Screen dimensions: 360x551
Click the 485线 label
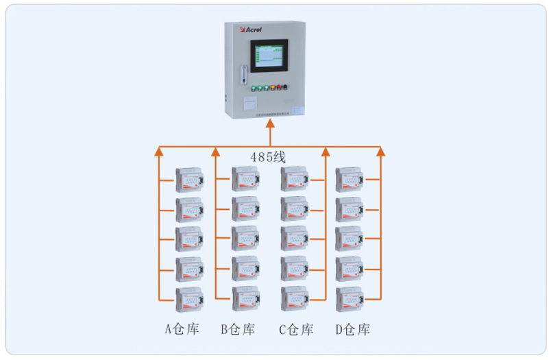[x=268, y=157]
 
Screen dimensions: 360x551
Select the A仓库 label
[x=182, y=330]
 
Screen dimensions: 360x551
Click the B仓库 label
[x=238, y=330]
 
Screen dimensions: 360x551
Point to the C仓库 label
[x=295, y=330]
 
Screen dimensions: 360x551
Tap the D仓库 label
[x=352, y=330]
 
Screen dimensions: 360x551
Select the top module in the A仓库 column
[x=189, y=179]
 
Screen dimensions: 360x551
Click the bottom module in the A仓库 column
[x=189, y=300]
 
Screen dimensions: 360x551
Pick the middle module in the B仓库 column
[x=245, y=239]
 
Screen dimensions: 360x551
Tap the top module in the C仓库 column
[x=295, y=179]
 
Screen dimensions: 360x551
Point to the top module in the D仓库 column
[x=349, y=179]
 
